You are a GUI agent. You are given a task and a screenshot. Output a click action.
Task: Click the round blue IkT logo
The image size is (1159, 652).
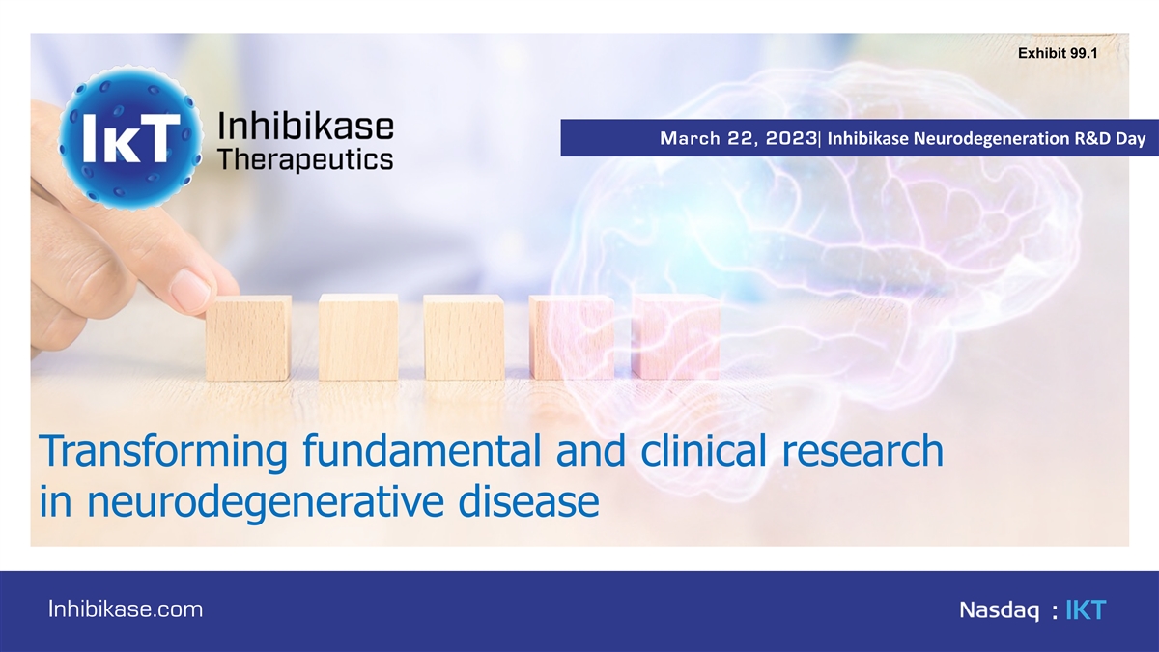pos(129,137)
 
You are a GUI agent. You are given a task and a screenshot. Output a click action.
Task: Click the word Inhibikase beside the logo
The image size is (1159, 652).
pos(305,127)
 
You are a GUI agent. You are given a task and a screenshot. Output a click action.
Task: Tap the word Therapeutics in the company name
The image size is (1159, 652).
pos(305,159)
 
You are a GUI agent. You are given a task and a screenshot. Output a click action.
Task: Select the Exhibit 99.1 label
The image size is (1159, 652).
pos(1058,53)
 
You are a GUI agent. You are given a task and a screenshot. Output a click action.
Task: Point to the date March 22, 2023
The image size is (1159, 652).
pos(738,138)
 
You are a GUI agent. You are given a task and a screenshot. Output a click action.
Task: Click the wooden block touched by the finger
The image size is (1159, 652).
pos(248,337)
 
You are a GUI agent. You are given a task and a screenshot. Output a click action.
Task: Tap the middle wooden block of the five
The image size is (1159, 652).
pos(464,337)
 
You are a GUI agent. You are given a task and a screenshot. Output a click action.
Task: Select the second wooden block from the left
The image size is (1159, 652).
pos(358,337)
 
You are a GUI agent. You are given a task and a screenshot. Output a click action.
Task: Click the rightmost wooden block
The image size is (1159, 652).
pos(676,337)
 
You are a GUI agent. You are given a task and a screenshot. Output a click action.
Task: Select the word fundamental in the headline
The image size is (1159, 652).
pos(422,450)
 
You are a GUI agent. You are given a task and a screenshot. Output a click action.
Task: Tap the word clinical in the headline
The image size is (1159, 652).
pos(703,449)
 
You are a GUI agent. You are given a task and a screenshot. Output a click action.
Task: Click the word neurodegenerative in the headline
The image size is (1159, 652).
pos(266,502)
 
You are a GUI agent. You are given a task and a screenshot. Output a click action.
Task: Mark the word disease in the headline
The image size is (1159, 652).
pos(529,500)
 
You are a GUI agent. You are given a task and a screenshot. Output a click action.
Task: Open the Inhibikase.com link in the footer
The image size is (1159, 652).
pos(126,609)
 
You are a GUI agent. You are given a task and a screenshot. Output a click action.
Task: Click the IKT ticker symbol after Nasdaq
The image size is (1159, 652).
pos(1086,610)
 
